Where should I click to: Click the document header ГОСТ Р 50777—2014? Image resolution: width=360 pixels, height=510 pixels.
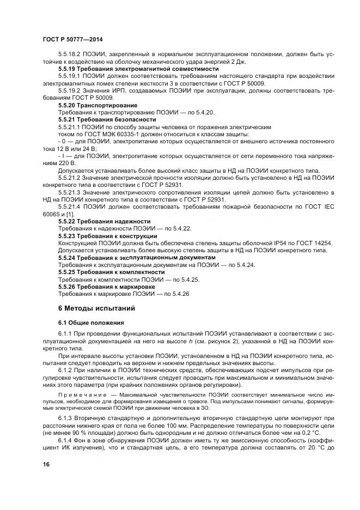(72, 40)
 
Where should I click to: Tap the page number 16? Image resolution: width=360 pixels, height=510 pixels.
(46, 464)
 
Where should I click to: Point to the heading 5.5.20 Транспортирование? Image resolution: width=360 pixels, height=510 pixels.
(98, 105)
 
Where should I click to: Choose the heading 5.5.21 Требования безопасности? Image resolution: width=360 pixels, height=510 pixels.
(107, 119)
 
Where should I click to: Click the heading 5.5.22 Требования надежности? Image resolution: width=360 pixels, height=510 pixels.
(104, 221)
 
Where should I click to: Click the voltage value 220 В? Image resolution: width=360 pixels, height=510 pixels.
(69, 163)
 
